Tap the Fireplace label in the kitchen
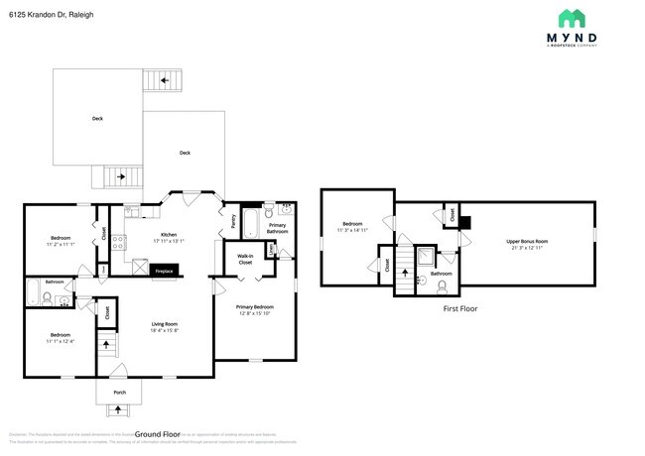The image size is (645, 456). [164, 270]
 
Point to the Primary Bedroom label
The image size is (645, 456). [255, 307]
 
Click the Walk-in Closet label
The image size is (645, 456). [245, 260]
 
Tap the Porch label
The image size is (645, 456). [119, 393]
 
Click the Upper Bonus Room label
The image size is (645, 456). [527, 241]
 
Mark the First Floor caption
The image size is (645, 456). [459, 309]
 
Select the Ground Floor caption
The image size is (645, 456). [156, 434]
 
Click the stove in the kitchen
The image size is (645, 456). [117, 239]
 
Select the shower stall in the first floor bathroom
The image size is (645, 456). [425, 255]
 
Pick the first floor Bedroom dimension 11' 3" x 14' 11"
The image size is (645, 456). [355, 229]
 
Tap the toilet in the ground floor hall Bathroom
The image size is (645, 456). [48, 295]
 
